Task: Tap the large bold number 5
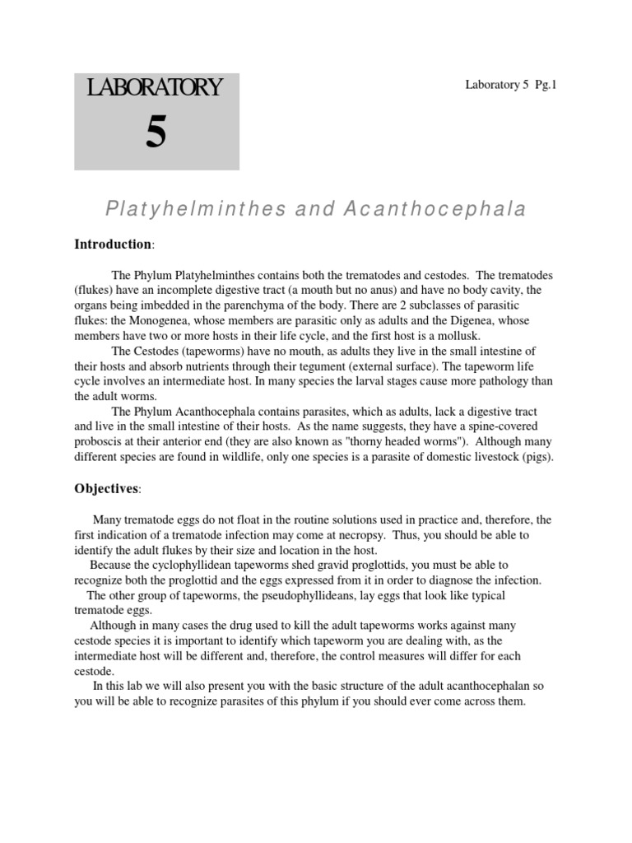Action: (x=156, y=132)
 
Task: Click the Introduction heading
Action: (x=114, y=245)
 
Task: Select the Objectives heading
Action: (x=107, y=489)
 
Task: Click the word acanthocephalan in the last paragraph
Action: (x=478, y=686)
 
